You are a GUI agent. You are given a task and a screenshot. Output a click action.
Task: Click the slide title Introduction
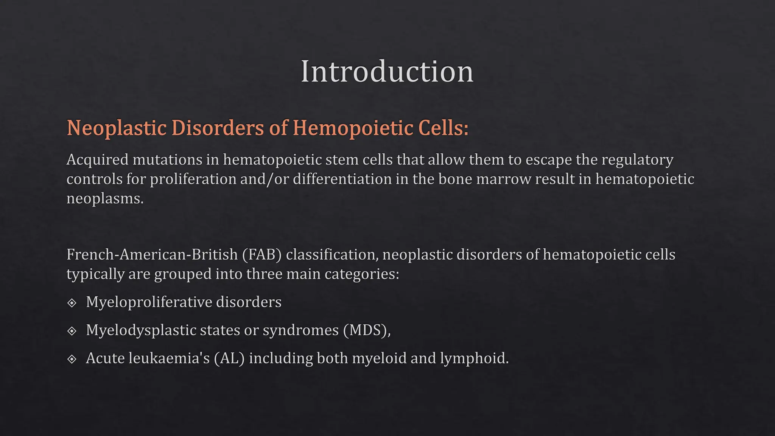(x=387, y=72)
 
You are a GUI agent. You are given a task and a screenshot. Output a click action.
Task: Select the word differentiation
(x=342, y=179)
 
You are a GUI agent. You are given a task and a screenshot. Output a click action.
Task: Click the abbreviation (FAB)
(x=262, y=254)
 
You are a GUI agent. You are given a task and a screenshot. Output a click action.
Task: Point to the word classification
(x=331, y=254)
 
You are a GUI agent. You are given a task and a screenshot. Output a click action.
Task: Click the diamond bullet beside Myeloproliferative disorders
(x=72, y=303)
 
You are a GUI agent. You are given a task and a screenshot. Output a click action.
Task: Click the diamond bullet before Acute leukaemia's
(x=72, y=359)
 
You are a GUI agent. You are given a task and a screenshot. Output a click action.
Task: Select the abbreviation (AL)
(x=229, y=358)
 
